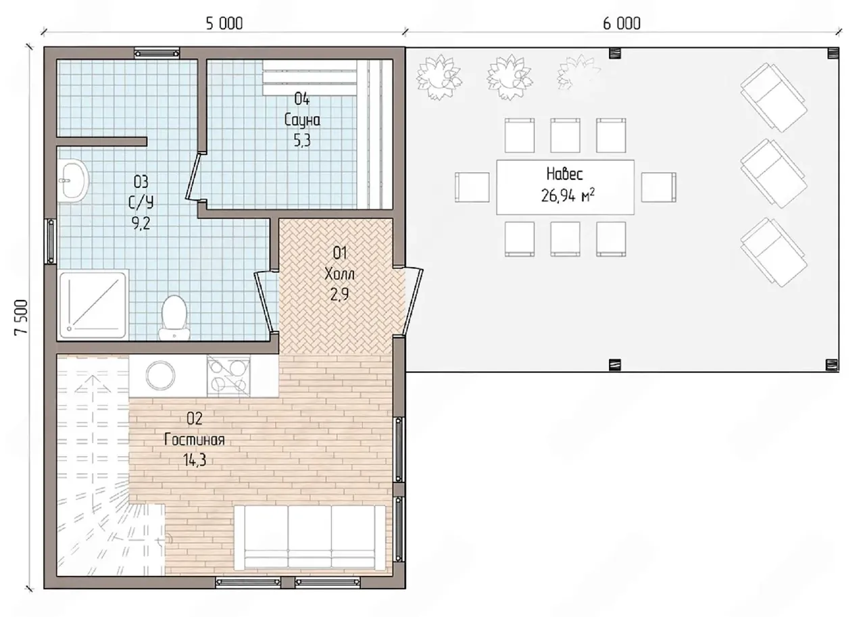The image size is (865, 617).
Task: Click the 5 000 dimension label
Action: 224,24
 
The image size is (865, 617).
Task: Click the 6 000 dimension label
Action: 621,24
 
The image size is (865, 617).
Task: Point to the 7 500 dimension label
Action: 21,317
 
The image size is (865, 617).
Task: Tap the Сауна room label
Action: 302,120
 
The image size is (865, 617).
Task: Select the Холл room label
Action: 339,274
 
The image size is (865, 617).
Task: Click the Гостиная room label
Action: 194,440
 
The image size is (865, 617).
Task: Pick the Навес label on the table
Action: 564,174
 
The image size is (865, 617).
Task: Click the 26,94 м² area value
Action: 567,195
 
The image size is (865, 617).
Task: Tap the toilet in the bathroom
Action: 174,318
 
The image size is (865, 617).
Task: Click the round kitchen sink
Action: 160,375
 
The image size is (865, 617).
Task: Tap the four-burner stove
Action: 228,376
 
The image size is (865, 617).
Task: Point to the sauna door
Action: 195,177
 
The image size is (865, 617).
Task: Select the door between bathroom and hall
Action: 266,301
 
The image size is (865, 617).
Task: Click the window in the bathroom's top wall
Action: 157,53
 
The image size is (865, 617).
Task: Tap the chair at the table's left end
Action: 472,187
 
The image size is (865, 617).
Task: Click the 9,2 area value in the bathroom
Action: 141,223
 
